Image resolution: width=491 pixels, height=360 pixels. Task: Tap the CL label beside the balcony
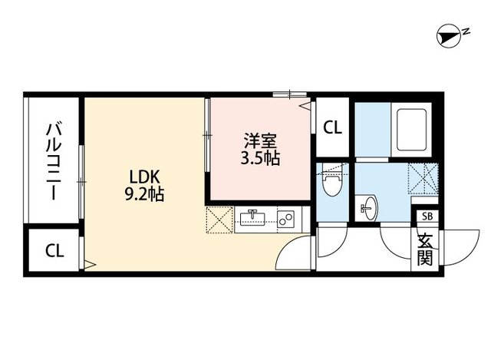click(54, 250)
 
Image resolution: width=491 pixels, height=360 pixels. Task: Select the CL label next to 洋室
click(332, 127)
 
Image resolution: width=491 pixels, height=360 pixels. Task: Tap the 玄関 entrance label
click(425, 248)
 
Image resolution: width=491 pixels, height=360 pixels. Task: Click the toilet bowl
click(332, 185)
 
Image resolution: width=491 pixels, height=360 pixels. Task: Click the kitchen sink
click(252, 219)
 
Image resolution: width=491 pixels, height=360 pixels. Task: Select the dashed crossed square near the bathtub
click(422, 176)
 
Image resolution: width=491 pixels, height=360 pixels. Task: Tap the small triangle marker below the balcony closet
click(88, 264)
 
